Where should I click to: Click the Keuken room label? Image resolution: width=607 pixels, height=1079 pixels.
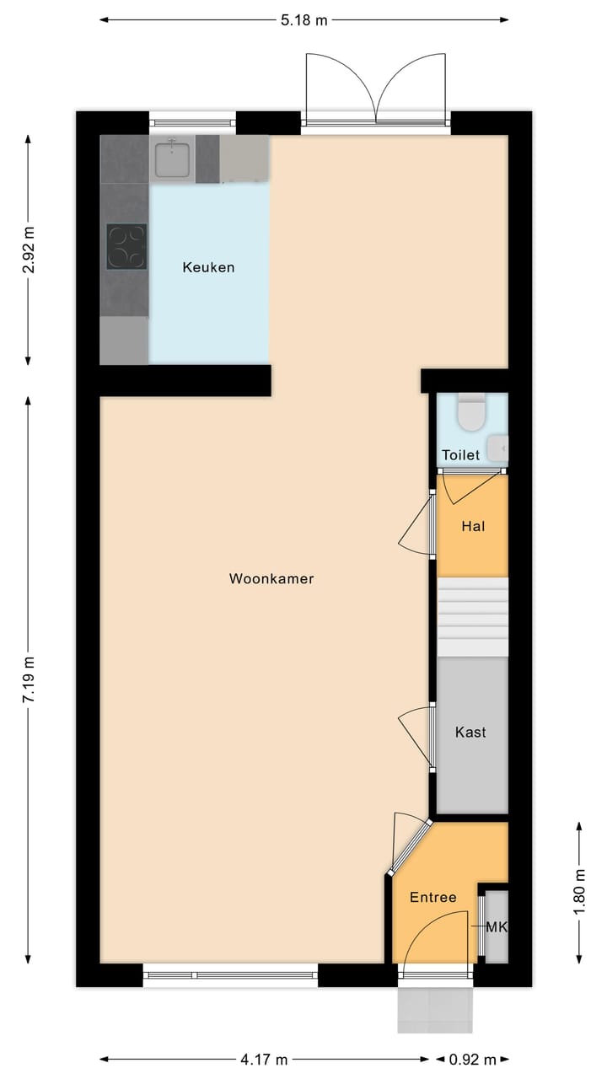(208, 267)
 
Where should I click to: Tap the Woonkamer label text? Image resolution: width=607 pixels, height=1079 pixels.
(271, 578)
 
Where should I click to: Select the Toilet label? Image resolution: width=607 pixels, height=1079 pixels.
(461, 455)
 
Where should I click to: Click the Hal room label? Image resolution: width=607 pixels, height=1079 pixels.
(473, 526)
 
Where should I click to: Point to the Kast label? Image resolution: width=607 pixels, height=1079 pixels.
(470, 733)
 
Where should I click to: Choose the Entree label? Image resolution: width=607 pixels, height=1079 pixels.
(432, 897)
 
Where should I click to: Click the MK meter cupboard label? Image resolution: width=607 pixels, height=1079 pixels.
(497, 927)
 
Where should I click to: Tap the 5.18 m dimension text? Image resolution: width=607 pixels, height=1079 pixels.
(303, 20)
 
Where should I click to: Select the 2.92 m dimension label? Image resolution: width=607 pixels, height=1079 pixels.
(30, 250)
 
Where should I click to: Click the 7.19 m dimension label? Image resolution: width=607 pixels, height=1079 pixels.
(30, 679)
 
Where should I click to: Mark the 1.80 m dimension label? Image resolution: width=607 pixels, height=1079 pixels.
(578, 891)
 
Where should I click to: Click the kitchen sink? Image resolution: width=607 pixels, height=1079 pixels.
(172, 159)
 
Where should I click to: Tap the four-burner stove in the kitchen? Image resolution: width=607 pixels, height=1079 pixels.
(126, 246)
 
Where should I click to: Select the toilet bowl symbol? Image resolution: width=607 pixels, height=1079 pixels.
(470, 413)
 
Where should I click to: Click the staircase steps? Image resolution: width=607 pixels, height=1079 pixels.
(473, 617)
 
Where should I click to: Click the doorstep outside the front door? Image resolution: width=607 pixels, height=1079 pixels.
(434, 1010)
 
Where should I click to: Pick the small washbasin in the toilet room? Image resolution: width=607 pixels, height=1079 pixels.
(500, 446)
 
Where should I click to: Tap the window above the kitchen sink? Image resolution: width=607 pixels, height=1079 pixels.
(192, 122)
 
